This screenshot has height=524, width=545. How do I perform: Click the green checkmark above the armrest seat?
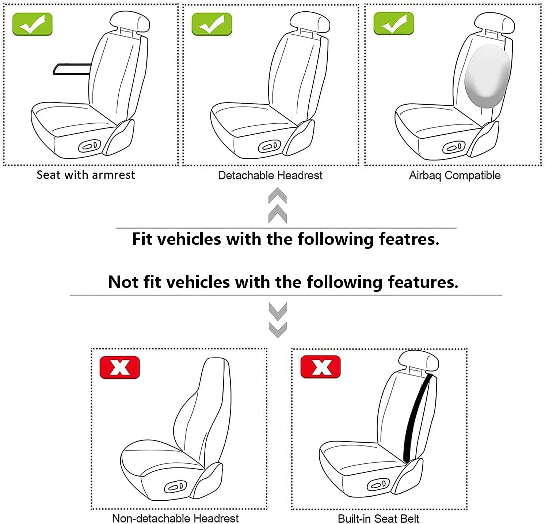coord(32,24)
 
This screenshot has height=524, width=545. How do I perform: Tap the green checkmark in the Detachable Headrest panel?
coord(211,24)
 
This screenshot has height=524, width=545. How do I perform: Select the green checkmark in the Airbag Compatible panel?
coord(393,23)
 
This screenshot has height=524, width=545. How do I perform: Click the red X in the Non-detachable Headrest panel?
coord(119,367)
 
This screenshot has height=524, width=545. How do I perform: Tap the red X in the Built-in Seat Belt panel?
coord(320,367)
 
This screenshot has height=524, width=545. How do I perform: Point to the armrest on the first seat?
coord(72,69)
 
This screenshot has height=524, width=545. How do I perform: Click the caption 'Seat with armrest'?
coord(86,175)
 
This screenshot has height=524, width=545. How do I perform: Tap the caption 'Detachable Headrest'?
coord(270,175)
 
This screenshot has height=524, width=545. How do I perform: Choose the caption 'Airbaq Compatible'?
coord(454,175)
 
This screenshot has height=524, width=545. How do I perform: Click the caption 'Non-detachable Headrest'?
coord(175,518)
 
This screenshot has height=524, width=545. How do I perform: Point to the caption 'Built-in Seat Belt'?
coord(378,518)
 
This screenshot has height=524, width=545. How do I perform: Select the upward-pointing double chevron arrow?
coord(278,205)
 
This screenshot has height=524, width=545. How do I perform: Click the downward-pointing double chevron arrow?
coord(278,320)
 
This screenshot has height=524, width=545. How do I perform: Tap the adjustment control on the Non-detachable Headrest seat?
coord(175,487)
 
